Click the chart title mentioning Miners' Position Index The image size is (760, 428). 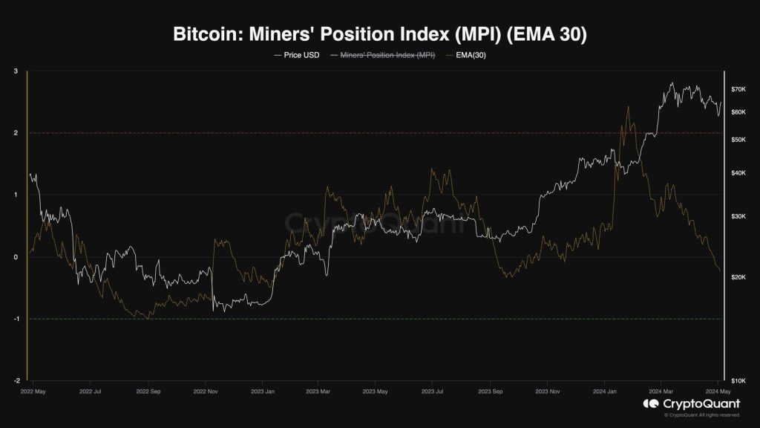380,34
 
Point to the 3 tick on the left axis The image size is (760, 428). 16,71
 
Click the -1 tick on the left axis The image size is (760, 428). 16,319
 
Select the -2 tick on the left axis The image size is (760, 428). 16,380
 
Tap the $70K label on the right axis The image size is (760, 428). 738,89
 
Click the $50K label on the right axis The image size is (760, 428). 738,140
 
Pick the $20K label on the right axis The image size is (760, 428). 738,277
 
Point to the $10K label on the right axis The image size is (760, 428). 738,380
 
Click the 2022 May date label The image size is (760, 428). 33,390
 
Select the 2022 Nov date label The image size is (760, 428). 205,390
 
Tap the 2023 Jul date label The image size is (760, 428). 433,390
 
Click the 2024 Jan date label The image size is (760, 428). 606,390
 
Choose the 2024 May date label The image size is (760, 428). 718,390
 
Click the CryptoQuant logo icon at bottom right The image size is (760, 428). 650,404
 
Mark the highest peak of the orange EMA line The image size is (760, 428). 628,106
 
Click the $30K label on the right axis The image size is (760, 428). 738,216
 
